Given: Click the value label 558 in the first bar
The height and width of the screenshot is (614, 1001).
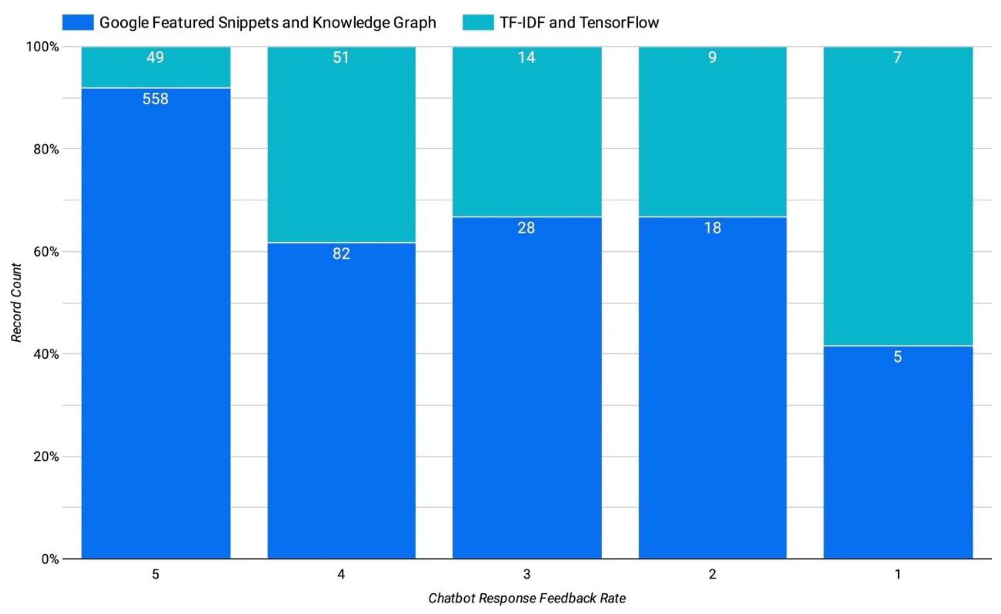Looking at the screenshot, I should tap(155, 99).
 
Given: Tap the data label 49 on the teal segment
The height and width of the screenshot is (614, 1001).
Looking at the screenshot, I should tap(155, 57).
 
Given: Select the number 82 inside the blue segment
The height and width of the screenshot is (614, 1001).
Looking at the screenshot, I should tap(341, 254).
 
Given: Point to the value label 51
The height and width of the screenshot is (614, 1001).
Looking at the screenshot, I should tap(341, 57).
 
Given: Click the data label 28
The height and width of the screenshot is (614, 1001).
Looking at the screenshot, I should tap(526, 228).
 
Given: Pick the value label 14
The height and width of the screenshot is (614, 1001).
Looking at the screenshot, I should tap(526, 57).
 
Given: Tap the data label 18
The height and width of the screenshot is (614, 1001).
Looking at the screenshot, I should tap(712, 228).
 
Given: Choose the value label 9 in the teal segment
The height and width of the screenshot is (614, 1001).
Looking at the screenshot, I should tap(712, 57).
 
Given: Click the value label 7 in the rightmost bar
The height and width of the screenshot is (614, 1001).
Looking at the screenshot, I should tap(897, 57).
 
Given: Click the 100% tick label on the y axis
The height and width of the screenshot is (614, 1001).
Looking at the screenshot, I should tap(43, 47).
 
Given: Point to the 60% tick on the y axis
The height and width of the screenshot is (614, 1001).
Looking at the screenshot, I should tap(46, 252).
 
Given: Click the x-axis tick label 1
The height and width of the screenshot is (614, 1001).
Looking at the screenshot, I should tap(898, 574).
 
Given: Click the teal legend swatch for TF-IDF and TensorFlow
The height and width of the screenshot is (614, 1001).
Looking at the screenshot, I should tap(478, 22).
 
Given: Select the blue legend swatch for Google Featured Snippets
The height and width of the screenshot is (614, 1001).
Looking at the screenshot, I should tap(78, 22).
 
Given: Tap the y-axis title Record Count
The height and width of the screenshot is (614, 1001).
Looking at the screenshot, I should tap(16, 302).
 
